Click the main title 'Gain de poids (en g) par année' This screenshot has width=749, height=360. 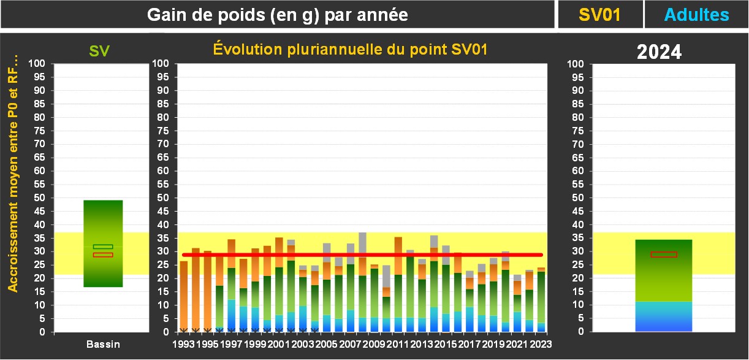pyautogui.click(x=278, y=15)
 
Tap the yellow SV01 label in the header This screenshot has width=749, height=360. pyautogui.click(x=600, y=15)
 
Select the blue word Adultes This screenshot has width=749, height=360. pyautogui.click(x=697, y=15)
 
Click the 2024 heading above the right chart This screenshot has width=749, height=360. pyautogui.click(x=659, y=52)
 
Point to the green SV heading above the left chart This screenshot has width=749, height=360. pyautogui.click(x=99, y=52)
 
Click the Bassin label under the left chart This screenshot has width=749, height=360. pyautogui.click(x=103, y=345)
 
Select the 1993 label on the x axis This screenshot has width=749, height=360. pyautogui.click(x=183, y=345)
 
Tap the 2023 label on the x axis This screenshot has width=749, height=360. pyautogui.click(x=541, y=345)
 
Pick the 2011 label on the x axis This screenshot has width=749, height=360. pyautogui.click(x=398, y=345)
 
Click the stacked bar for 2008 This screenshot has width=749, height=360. pyautogui.click(x=362, y=282)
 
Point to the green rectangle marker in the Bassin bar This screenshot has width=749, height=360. pyautogui.click(x=103, y=247)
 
